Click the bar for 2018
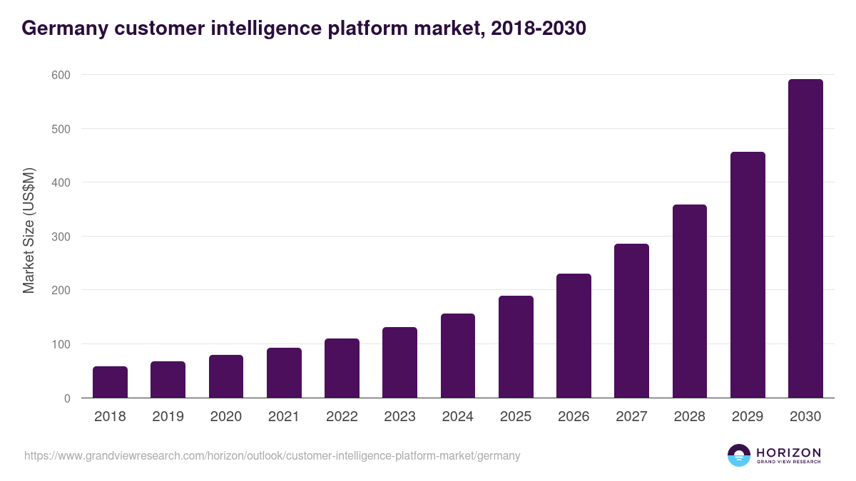click(110, 382)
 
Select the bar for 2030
click(805, 239)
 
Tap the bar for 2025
click(516, 346)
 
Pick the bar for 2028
click(690, 301)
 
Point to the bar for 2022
click(342, 368)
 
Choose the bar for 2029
click(748, 274)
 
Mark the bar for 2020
click(226, 376)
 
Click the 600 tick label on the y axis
click(61, 75)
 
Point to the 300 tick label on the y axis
click(61, 237)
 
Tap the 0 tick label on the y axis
click(67, 398)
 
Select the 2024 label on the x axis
click(457, 417)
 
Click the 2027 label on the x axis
click(631, 417)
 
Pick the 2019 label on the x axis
click(168, 417)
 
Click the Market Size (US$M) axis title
click(29, 231)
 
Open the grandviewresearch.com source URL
click(272, 455)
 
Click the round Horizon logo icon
click(739, 455)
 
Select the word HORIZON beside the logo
click(788, 452)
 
